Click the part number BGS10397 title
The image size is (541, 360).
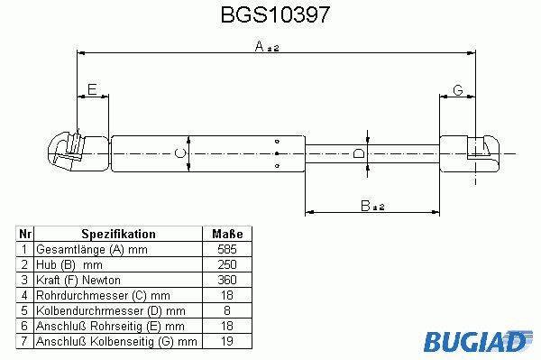click(x=275, y=14)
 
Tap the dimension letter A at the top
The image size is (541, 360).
click(x=259, y=46)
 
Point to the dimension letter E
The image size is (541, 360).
click(x=92, y=89)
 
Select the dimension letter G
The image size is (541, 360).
click(x=457, y=90)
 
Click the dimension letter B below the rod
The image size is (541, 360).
click(x=365, y=206)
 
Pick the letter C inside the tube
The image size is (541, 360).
click(x=180, y=152)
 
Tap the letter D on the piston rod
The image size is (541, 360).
click(x=359, y=153)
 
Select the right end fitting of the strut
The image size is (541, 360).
click(x=470, y=153)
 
